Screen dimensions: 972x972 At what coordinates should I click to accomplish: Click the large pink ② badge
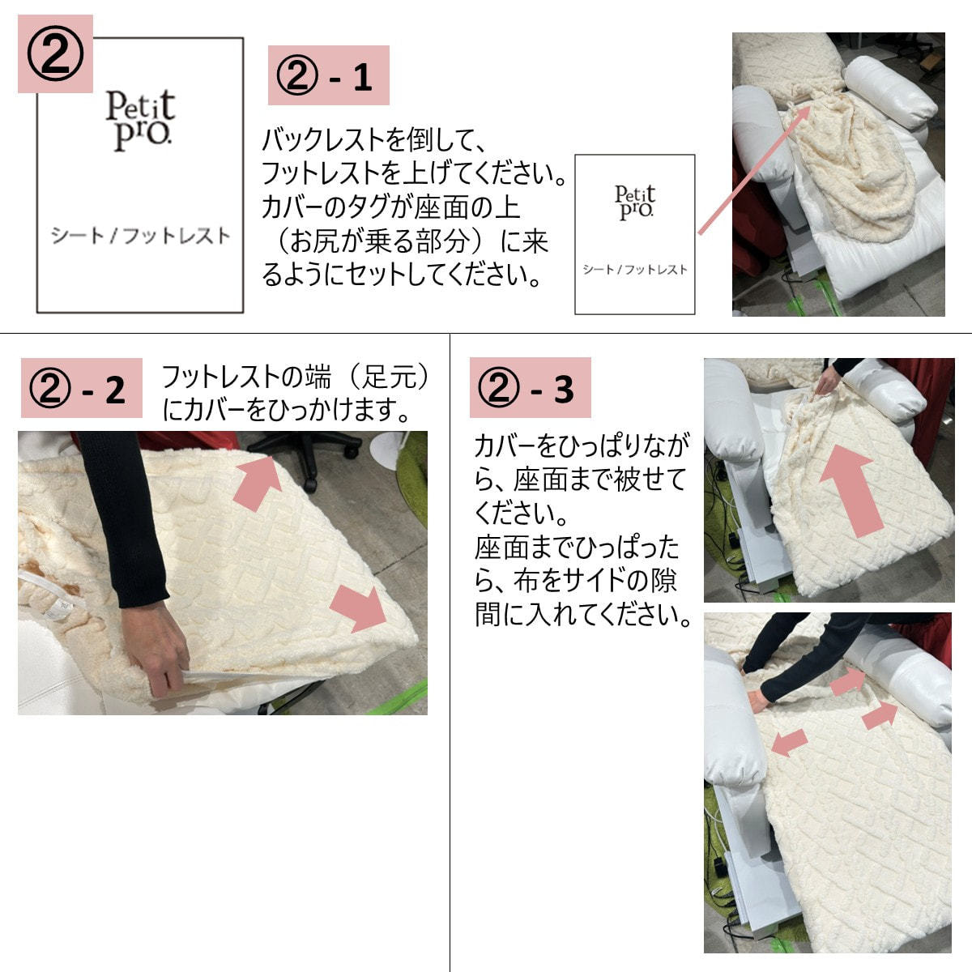(x=55, y=54)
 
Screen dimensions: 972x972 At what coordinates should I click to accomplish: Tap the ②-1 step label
(x=328, y=75)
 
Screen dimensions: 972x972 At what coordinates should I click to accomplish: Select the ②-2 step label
(x=81, y=388)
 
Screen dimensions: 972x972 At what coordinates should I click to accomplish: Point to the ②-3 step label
(x=530, y=387)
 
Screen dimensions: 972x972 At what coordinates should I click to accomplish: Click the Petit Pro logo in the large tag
(x=140, y=121)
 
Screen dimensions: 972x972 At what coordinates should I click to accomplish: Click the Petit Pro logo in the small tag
(x=635, y=202)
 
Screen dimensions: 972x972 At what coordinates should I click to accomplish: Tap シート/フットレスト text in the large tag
(x=141, y=236)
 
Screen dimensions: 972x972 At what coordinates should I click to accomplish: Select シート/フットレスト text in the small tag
(x=635, y=270)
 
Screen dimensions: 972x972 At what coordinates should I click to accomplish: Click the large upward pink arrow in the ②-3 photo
(x=849, y=488)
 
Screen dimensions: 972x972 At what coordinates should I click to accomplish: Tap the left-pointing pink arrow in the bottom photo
(x=790, y=741)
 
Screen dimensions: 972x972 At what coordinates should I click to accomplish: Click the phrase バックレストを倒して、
(x=373, y=140)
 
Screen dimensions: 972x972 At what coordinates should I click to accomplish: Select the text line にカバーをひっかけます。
(x=286, y=410)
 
